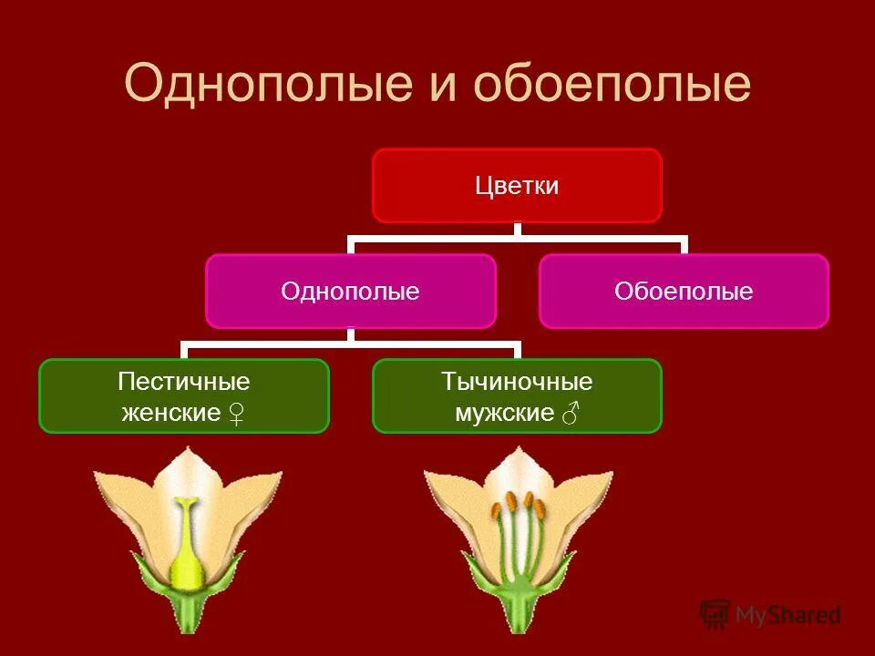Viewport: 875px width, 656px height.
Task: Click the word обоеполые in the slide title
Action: tap(612, 84)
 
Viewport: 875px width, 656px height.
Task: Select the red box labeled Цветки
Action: tap(517, 186)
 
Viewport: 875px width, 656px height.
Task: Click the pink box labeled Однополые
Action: tap(350, 292)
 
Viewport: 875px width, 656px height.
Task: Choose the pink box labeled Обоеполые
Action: tap(684, 292)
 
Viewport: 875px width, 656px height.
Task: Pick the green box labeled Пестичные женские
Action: tap(183, 395)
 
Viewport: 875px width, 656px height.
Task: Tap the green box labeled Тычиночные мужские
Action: tap(517, 395)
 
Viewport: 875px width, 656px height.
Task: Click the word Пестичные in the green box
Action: tap(183, 381)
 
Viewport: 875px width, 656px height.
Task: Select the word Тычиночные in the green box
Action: tap(517, 381)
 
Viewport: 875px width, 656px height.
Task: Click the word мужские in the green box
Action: tap(504, 414)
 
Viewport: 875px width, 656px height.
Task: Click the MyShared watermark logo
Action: tap(770, 615)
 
